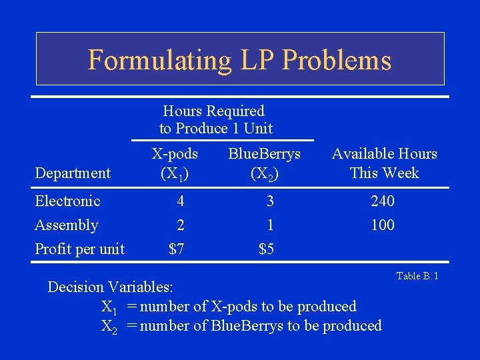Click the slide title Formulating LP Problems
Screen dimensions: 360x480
click(x=239, y=59)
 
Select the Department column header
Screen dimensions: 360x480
click(x=73, y=173)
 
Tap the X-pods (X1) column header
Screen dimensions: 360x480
click(x=175, y=163)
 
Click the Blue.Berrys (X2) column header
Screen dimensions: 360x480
click(x=265, y=163)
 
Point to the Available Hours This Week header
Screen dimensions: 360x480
click(x=385, y=163)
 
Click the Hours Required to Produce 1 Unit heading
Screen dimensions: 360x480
click(x=215, y=119)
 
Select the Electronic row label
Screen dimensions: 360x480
click(x=67, y=201)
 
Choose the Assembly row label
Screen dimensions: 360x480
click(x=67, y=225)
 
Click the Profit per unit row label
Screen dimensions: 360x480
click(x=79, y=249)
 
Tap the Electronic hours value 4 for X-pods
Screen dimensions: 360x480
click(x=179, y=201)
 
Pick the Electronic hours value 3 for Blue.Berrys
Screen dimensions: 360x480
click(x=269, y=201)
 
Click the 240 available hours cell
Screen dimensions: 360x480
click(x=383, y=201)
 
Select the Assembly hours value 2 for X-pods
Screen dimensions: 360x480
click(x=179, y=225)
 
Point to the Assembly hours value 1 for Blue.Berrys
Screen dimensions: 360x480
click(x=269, y=225)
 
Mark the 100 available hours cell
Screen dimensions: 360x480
click(x=383, y=225)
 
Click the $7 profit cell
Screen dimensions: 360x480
click(x=177, y=249)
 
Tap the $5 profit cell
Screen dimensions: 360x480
click(x=267, y=249)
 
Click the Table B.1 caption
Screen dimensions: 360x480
click(x=417, y=276)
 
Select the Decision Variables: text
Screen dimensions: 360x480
click(x=110, y=287)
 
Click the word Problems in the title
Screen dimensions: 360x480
click(x=337, y=59)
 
